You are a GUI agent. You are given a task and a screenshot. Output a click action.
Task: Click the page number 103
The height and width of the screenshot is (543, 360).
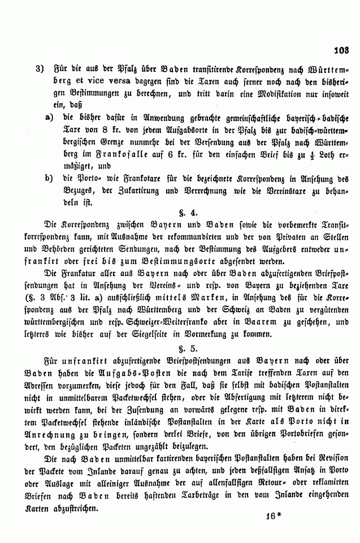[x=342, y=50]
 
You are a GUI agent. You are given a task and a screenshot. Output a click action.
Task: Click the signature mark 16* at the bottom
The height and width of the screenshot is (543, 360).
[x=272, y=516]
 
